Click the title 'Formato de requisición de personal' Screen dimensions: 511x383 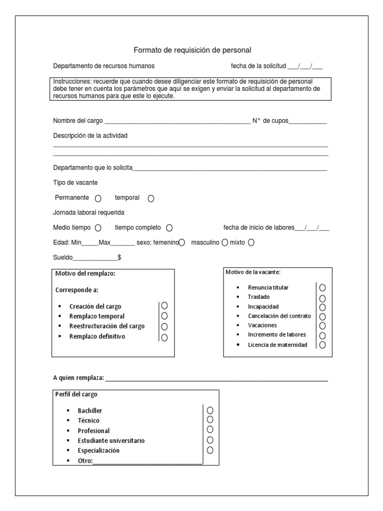(x=192, y=50)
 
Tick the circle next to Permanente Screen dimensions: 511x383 (x=98, y=198)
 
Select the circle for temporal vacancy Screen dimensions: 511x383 (x=151, y=198)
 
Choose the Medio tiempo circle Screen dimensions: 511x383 (x=98, y=228)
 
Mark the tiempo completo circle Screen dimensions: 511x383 (x=170, y=228)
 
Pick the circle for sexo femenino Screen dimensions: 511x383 (x=182, y=243)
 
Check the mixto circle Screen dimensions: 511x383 (x=251, y=243)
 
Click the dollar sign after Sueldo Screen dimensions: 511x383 (x=119, y=257)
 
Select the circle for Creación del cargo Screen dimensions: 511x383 (x=165, y=305)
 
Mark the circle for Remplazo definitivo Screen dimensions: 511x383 (x=165, y=337)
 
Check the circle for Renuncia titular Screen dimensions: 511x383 (x=323, y=287)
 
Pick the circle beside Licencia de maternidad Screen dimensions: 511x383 (x=323, y=345)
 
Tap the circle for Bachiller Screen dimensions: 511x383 (x=210, y=409)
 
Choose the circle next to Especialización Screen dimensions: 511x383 (x=210, y=450)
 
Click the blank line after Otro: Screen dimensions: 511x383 (x=148, y=461)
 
